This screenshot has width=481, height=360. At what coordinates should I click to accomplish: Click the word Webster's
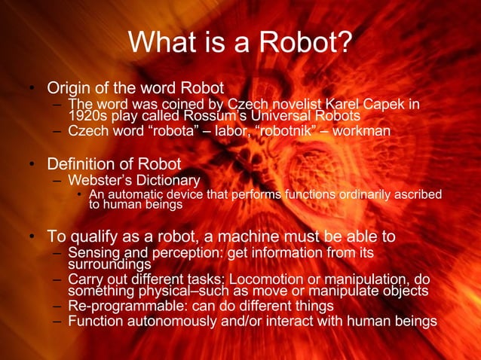[97, 180]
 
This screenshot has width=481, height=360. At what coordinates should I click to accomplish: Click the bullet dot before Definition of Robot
[32, 164]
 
